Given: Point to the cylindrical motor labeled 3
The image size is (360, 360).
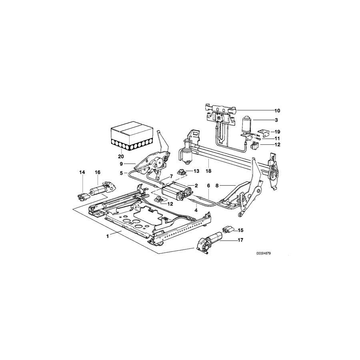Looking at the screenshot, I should (246, 125).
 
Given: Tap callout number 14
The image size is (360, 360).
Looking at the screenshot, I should (82, 172).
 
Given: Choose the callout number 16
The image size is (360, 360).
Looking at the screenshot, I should (97, 172).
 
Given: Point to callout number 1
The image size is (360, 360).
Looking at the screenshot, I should (108, 236).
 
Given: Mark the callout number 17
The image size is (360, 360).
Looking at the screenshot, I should (241, 240).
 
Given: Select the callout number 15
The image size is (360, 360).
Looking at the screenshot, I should (241, 230).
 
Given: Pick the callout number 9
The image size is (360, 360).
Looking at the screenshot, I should (121, 164).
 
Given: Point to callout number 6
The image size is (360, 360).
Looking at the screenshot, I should (208, 186).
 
